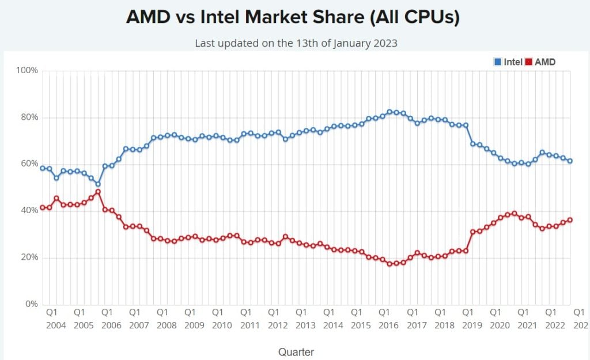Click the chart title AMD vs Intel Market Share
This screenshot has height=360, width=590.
[x=293, y=17]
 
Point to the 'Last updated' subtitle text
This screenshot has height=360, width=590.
[x=296, y=43]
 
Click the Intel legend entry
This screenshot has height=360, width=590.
[x=509, y=62]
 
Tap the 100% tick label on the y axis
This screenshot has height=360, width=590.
[x=27, y=71]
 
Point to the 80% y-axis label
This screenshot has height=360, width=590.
[x=29, y=118]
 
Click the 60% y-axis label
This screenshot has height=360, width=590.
[x=29, y=164]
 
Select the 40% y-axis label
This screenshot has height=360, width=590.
[x=29, y=211]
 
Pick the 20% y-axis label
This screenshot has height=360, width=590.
[x=29, y=257]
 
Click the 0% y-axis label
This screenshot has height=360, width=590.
[x=31, y=304]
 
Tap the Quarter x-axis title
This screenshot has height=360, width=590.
[x=296, y=351]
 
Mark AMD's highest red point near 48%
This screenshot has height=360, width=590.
[x=98, y=192]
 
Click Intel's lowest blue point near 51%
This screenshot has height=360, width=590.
[x=98, y=184]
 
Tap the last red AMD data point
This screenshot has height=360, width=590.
[x=570, y=219]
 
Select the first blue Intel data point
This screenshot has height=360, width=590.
[x=43, y=168]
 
